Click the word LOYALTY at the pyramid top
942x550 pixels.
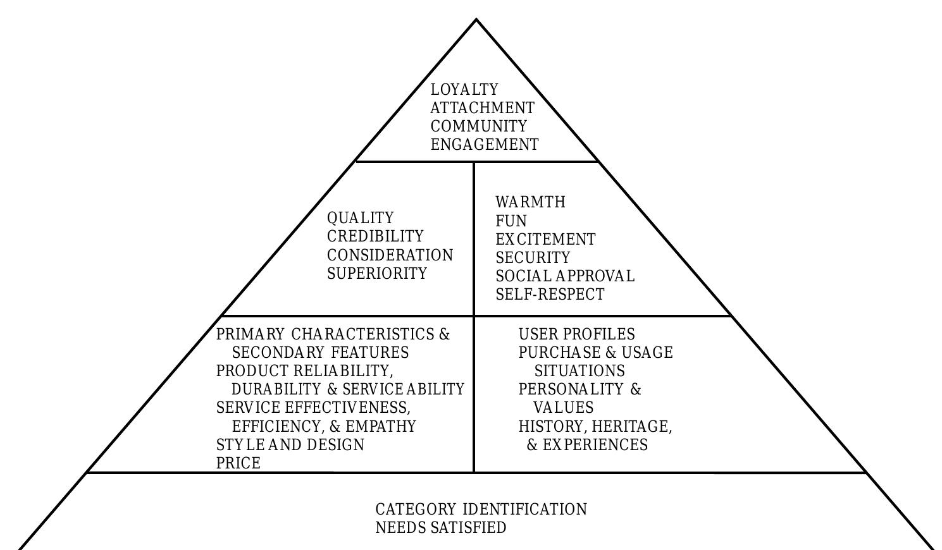pyautogui.click(x=464, y=90)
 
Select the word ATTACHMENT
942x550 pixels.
pyautogui.click(x=482, y=108)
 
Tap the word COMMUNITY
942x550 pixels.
pyautogui.click(x=478, y=126)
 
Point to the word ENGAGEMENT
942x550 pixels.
pyautogui.click(x=485, y=145)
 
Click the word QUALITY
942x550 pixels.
pyautogui.click(x=360, y=218)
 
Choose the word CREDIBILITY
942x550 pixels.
pyautogui.click(x=375, y=236)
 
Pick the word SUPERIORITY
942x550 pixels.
pyautogui.click(x=377, y=274)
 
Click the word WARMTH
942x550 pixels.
pyautogui.click(x=530, y=202)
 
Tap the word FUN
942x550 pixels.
pyautogui.click(x=511, y=221)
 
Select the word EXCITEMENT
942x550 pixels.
pyautogui.click(x=545, y=240)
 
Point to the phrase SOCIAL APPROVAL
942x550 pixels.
pyautogui.click(x=564, y=276)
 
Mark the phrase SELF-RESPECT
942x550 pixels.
pyautogui.click(x=550, y=295)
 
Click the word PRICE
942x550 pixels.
pyautogui.click(x=239, y=463)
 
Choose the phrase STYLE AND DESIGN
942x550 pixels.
pyautogui.click(x=290, y=445)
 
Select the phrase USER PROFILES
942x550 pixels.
pyautogui.click(x=576, y=334)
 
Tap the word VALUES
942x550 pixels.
pyautogui.click(x=564, y=408)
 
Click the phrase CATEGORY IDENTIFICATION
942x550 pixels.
pyautogui.click(x=481, y=510)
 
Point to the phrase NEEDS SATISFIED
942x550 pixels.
pyautogui.click(x=441, y=528)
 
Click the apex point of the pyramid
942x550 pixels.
pyautogui.click(x=476, y=20)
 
